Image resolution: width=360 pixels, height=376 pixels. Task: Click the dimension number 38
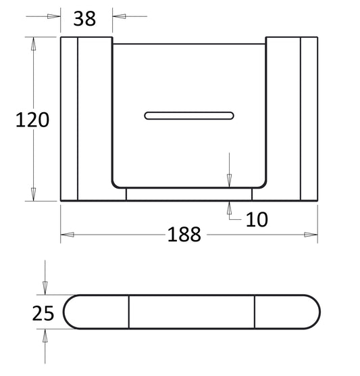(84, 19)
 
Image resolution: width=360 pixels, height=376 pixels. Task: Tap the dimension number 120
(32, 120)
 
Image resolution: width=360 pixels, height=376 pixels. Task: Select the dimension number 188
(184, 234)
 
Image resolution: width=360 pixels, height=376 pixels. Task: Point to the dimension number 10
(257, 219)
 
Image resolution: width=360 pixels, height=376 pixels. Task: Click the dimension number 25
(43, 313)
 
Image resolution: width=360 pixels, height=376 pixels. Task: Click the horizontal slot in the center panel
(189, 116)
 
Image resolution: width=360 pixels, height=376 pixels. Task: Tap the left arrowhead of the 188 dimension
(68, 235)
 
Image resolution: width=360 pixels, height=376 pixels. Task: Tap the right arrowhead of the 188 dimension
(311, 235)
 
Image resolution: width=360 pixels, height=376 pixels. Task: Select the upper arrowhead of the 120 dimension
(33, 44)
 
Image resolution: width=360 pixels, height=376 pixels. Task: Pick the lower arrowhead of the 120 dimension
(33, 194)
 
